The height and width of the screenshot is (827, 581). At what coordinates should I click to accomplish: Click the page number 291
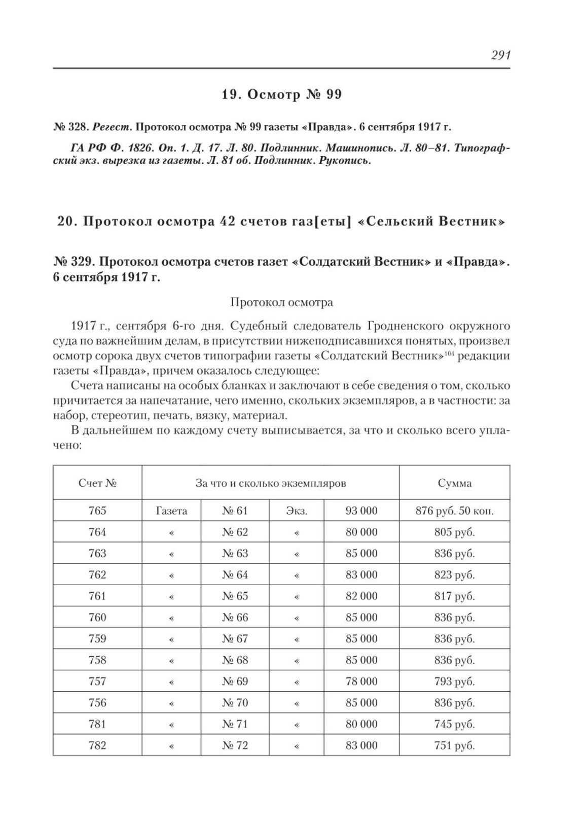[x=500, y=55]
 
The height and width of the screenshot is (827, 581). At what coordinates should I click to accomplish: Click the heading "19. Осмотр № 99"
[x=281, y=95]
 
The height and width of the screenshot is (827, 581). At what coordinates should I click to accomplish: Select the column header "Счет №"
[x=97, y=483]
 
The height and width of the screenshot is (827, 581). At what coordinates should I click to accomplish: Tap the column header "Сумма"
[x=454, y=483]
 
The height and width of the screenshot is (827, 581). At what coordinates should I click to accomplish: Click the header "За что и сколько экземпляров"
[x=270, y=483]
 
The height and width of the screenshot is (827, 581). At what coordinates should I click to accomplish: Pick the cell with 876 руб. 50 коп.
[x=454, y=511]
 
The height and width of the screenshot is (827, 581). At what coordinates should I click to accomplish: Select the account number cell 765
[x=97, y=511]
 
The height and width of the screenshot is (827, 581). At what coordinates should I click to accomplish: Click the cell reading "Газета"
[x=171, y=511]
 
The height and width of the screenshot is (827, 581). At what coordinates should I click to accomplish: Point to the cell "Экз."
[x=297, y=511]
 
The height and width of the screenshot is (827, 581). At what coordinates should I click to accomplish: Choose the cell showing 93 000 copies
[x=361, y=511]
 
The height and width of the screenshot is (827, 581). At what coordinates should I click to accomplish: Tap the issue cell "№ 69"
[x=235, y=681]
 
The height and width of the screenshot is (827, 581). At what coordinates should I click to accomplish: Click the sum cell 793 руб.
[x=454, y=681]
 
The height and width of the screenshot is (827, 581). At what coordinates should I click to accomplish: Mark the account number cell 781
[x=97, y=724]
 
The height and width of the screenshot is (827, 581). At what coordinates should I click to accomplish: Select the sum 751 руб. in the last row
[x=454, y=745]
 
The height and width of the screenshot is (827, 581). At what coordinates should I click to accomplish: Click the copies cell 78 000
[x=361, y=681]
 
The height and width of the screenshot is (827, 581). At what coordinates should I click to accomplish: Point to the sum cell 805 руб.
[x=454, y=532]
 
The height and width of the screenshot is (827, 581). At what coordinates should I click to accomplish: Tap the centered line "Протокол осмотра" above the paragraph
[x=281, y=303]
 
